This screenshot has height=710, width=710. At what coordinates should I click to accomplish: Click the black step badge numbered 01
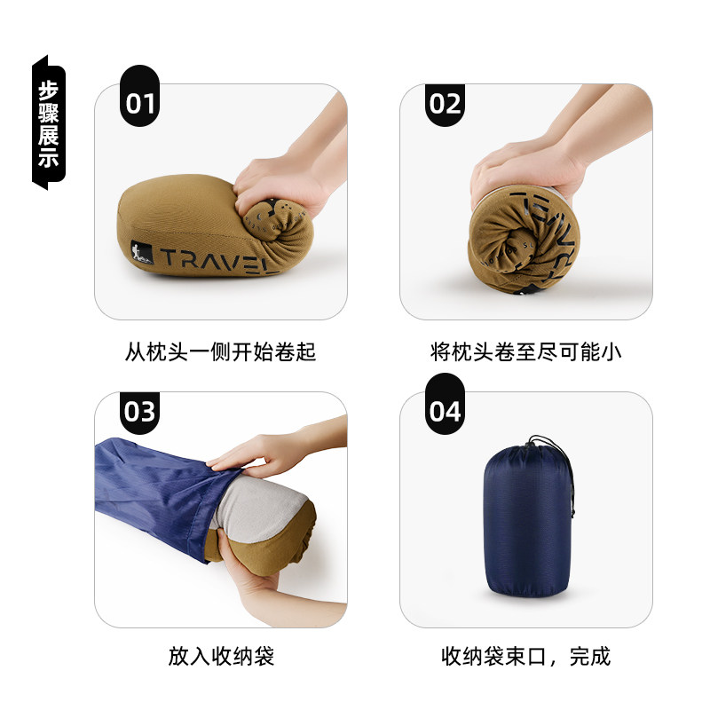[138, 104]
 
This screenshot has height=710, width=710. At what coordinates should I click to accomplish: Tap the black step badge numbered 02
[445, 104]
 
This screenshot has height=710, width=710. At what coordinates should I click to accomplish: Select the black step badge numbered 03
[138, 412]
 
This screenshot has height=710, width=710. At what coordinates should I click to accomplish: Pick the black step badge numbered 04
[445, 412]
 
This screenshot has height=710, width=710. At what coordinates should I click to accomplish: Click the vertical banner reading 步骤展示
[48, 124]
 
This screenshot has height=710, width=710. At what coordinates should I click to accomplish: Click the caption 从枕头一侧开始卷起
[221, 351]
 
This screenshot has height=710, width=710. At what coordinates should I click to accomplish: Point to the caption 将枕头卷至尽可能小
[526, 351]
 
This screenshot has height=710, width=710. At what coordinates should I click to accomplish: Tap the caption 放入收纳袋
[221, 657]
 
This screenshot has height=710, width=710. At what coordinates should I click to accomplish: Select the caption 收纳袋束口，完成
[526, 657]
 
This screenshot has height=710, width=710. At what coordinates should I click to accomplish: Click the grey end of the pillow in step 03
[257, 506]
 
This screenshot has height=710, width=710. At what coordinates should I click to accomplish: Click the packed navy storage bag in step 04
[524, 524]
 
